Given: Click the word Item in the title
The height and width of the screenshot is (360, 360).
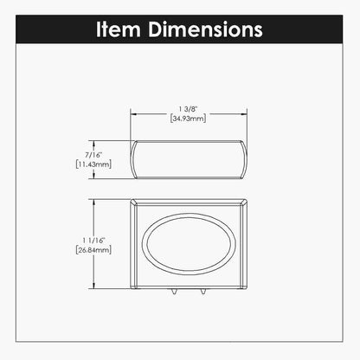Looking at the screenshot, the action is pos(119,29).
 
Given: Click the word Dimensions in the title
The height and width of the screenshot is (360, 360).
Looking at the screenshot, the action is pos(205,29).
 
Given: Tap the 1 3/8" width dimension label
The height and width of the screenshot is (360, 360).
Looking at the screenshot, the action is pos(188,109).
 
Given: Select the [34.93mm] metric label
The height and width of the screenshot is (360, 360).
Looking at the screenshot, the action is pos(188,119).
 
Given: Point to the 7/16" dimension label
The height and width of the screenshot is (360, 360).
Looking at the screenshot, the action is pos(93,155).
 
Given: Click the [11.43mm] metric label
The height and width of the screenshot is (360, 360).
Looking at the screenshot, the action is pos(93,164).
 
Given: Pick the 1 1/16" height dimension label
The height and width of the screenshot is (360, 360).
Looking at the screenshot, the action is pos(93,241).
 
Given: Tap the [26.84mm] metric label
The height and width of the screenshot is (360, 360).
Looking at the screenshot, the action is pos(93,250).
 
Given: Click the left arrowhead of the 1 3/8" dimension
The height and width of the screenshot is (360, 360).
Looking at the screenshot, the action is pos(134,114).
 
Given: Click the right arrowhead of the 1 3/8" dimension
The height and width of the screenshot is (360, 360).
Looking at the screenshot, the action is pos(243,114).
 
